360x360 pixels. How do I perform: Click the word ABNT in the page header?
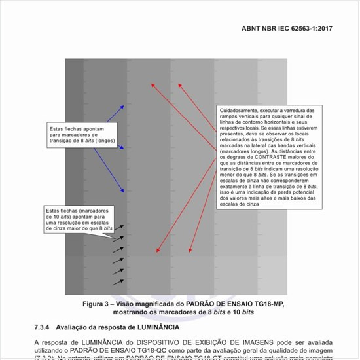click(252, 29)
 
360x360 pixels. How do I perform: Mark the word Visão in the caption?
click(132, 305)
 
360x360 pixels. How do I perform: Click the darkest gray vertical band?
click(73, 177)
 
